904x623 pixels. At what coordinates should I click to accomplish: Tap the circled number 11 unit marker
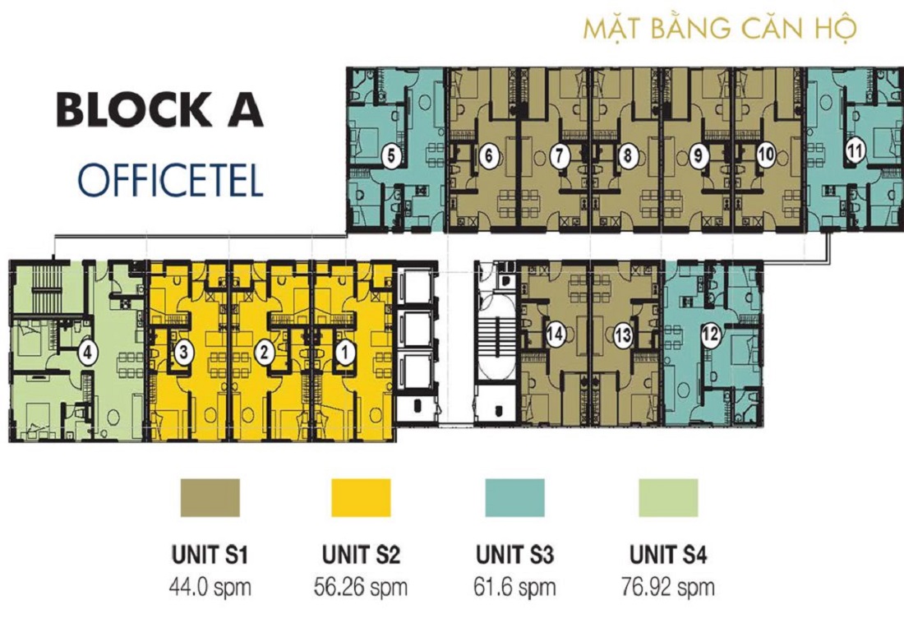[x=855, y=151]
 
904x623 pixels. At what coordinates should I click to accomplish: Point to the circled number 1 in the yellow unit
[x=346, y=353]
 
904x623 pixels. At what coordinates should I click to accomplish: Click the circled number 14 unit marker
[x=555, y=334]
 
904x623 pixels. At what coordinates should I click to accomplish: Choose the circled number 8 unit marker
[x=628, y=155]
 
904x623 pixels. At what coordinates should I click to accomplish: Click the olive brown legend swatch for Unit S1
[x=210, y=498]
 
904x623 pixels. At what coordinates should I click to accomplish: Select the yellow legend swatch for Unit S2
[x=361, y=498]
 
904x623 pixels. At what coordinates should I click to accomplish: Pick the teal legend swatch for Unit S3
[x=514, y=498]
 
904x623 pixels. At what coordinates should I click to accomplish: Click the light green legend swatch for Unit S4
[x=668, y=498]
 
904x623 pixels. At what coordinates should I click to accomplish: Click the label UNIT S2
[x=361, y=556]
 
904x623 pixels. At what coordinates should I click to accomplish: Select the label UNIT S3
[x=514, y=556]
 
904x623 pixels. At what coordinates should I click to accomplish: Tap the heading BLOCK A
[x=159, y=111]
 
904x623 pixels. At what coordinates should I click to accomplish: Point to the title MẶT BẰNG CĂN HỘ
[x=720, y=28]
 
